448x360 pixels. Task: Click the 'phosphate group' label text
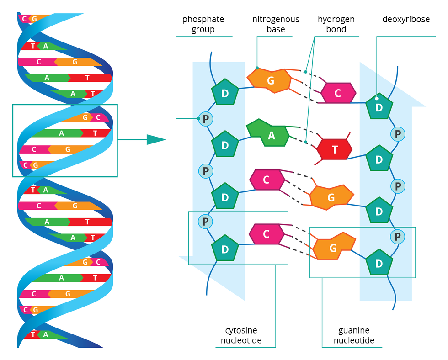coord(203,24)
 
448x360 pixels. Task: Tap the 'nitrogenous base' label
coord(276,24)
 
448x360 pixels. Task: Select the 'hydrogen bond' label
coord(336,24)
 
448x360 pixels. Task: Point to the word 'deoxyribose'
coord(406,19)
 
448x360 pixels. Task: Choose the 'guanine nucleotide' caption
coord(354,335)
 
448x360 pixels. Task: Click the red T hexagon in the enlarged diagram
coord(335,149)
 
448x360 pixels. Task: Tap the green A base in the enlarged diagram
coord(270,134)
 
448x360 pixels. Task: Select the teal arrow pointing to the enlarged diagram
coord(155,140)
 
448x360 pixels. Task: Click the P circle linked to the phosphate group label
coord(206,119)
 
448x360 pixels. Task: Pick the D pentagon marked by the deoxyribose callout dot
coord(379,107)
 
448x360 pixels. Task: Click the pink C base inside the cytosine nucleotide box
coord(267,234)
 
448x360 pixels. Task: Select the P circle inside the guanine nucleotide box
coord(398,237)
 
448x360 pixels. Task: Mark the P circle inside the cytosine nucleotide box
coord(206,222)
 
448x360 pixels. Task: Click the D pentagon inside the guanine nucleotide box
coord(379,263)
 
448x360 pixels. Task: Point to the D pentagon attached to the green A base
coord(225,145)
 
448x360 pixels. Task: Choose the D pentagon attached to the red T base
coord(379,159)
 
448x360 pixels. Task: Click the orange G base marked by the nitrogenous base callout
coord(270,81)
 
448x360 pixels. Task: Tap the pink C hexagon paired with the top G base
coord(338,93)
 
